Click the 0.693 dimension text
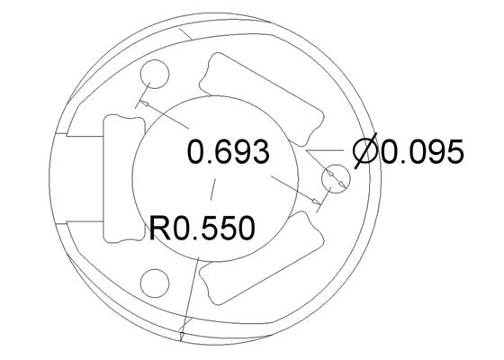(228, 152)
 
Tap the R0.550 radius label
(202, 228)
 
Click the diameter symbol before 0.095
(364, 152)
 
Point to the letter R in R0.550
(160, 228)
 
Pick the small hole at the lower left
(156, 282)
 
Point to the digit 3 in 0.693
(258, 152)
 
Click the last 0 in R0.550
(244, 228)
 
